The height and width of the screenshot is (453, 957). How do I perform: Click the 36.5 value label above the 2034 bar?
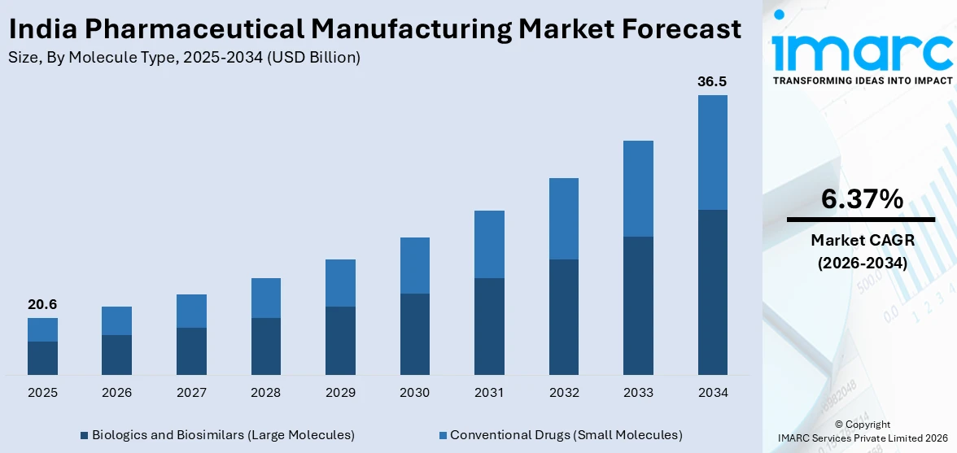click(712, 81)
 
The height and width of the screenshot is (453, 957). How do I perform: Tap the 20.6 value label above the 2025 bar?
click(42, 304)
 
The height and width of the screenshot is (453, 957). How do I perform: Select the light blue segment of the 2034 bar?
click(712, 152)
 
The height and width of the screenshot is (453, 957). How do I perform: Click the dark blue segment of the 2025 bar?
click(42, 358)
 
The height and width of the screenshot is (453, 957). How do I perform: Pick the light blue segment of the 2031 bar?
click(489, 244)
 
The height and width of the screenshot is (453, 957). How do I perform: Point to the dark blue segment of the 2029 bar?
click(340, 340)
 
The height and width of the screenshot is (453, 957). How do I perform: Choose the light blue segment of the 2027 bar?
click(191, 311)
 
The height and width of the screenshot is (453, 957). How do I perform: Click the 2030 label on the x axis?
click(414, 393)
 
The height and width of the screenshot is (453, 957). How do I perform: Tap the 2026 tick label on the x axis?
click(116, 393)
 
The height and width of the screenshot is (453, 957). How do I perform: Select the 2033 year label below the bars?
click(638, 393)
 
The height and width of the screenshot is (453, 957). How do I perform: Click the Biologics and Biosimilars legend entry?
click(217, 435)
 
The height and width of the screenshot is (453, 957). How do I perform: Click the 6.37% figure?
click(862, 198)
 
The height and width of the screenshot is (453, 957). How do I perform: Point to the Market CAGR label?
click(862, 240)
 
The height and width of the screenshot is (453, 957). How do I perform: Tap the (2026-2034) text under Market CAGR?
click(862, 263)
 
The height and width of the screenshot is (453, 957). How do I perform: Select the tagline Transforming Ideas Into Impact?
click(862, 81)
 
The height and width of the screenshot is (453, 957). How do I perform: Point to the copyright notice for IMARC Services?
click(862, 432)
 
